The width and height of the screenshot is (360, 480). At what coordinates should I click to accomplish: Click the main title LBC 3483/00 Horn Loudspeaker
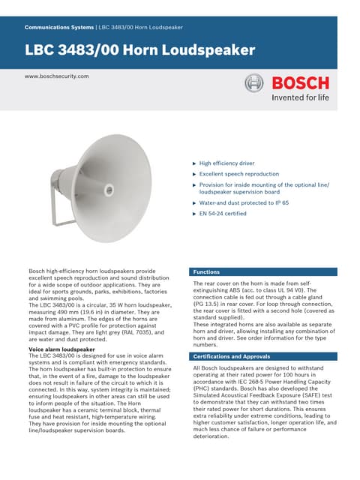pos(140,51)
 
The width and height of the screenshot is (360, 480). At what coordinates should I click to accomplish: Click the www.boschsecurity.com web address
pos(57,76)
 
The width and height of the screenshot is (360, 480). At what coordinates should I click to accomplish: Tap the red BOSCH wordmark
pos(300,83)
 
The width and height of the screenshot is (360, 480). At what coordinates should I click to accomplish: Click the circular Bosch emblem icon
pos(255,84)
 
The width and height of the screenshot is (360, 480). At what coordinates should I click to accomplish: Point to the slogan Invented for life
pos(300,97)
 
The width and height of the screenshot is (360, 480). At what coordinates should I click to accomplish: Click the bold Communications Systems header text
pos(59,27)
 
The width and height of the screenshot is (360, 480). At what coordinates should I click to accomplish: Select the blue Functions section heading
pos(206,271)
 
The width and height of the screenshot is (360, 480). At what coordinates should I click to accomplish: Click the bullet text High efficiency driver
pos(226,163)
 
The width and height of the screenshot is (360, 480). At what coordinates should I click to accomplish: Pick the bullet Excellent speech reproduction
pos(238,173)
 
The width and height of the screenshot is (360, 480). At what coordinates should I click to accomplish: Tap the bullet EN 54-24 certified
pos(223,214)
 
